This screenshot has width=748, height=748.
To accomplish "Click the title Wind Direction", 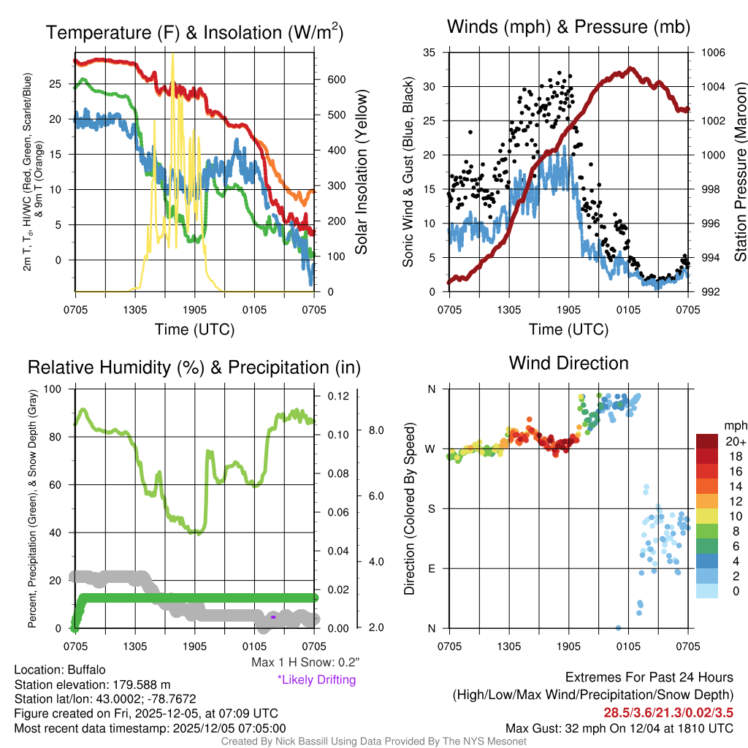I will point(568,363).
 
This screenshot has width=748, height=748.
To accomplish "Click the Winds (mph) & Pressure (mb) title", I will point(568,28).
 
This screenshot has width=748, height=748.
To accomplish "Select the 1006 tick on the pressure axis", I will point(712,53).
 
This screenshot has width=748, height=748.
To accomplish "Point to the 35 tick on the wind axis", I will point(429,53).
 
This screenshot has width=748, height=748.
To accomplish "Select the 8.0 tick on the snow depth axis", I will point(374,430).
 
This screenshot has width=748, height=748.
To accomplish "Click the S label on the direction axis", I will point(432,508).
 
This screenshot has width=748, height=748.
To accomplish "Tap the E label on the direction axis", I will point(432,568).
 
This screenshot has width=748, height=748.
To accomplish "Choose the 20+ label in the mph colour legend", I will point(734,441).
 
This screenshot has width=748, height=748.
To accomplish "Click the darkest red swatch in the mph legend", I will point(709,441).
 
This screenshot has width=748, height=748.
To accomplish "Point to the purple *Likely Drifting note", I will point(316,680).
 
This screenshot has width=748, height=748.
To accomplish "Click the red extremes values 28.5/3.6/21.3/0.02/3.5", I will point(668,712).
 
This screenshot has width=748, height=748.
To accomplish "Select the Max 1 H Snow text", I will point(305,663).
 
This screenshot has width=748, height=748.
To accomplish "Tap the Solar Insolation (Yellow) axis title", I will point(362,172).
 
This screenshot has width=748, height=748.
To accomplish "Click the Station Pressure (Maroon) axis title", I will point(740,172).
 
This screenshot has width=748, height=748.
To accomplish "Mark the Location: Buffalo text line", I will point(60,669).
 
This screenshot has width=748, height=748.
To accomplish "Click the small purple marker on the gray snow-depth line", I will point(273,617).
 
